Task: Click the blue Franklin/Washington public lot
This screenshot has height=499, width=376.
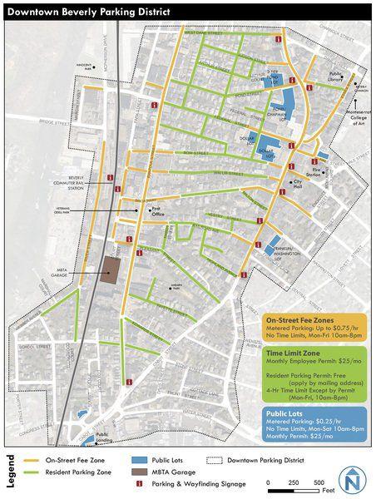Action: (x=273, y=242)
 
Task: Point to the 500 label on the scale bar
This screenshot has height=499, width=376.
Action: (x=319, y=482)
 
